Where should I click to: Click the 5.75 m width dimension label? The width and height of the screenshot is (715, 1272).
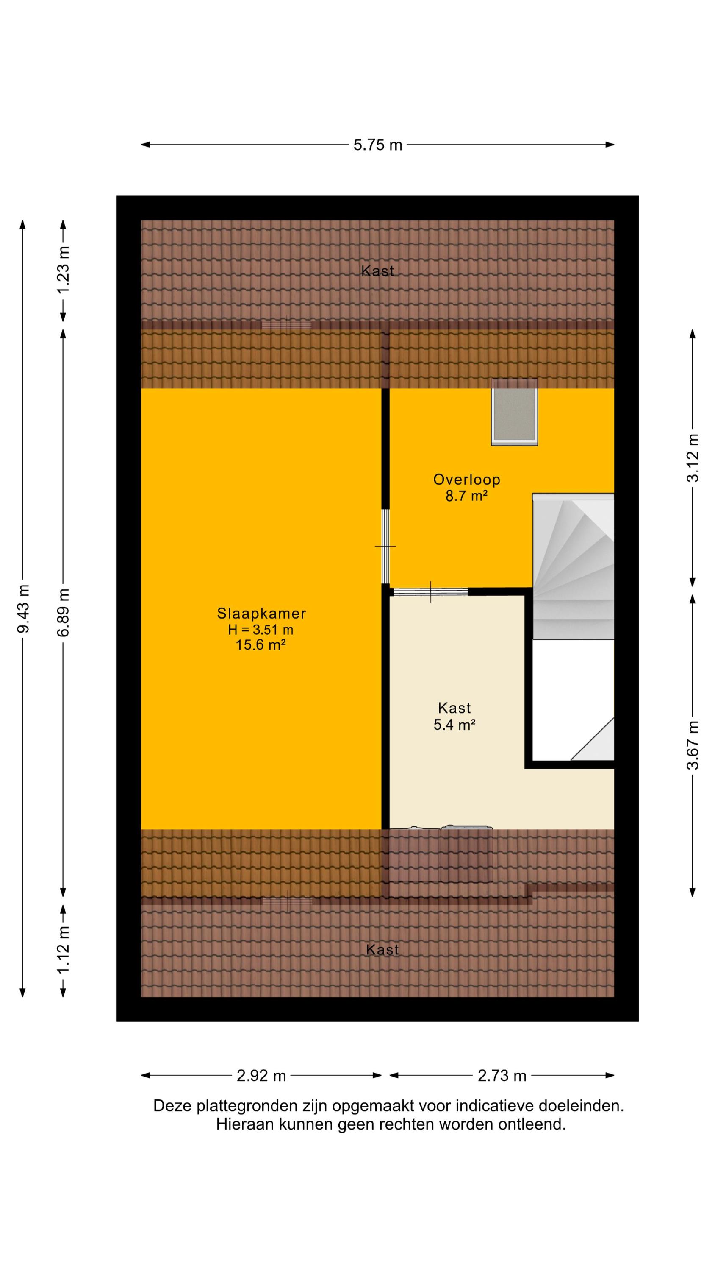(377, 145)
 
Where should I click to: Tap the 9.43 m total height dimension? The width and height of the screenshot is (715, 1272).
(23, 608)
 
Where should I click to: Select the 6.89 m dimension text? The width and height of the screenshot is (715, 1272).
(64, 612)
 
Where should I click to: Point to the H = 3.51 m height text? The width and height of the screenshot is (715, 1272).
(261, 630)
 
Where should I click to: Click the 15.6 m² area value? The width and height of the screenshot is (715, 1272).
(261, 645)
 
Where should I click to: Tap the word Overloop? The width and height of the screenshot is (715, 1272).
(467, 480)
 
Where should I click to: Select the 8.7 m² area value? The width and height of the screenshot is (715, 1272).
(467, 496)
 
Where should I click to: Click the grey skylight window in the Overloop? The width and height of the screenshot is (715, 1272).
(514, 412)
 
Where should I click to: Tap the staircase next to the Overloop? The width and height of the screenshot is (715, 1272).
(574, 566)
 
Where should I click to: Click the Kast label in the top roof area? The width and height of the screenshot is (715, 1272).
(377, 271)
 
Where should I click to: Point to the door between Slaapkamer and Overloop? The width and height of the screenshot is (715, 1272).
(386, 547)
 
